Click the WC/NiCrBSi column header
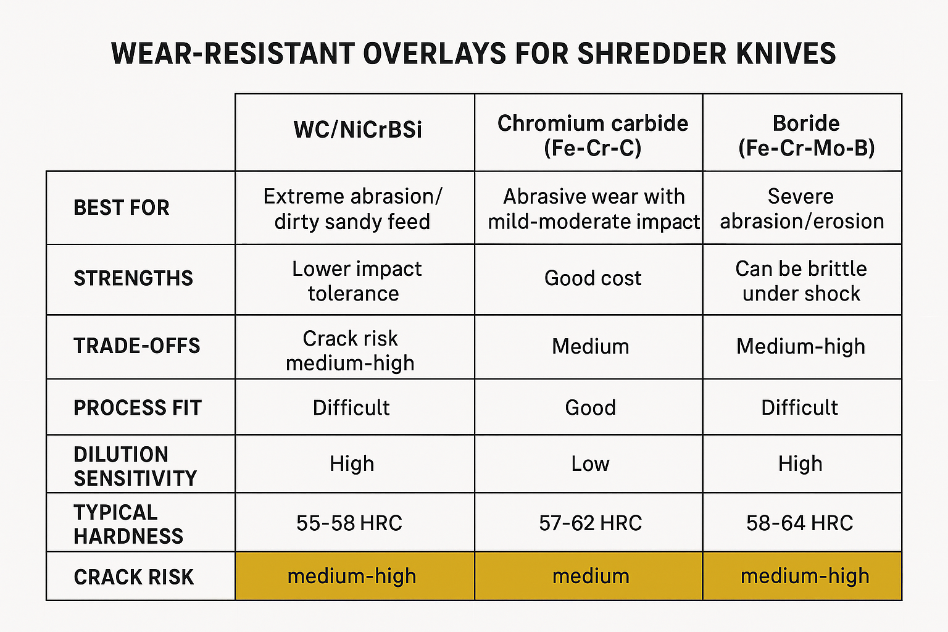pos(357,130)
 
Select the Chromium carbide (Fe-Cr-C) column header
pos(592,135)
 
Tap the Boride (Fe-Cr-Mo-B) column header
pos(805,135)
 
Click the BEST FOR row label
pos(122,208)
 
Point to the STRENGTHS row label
pos(133,278)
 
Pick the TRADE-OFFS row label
pos(137,346)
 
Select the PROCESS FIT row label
pos(138,408)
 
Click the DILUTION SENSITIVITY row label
pos(135,466)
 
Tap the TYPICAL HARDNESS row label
pos(128,524)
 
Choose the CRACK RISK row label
pos(134,577)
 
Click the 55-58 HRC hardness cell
pos(349,523)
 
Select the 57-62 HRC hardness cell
pos(590,523)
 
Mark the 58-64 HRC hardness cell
pos(799,523)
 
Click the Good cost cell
pos(592,278)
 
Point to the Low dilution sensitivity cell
pos(590,464)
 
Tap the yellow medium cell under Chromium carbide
pos(590,576)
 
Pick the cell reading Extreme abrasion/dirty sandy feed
pos(352,209)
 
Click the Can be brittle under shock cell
pos(801,281)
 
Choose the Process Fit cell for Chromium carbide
pos(590,408)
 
